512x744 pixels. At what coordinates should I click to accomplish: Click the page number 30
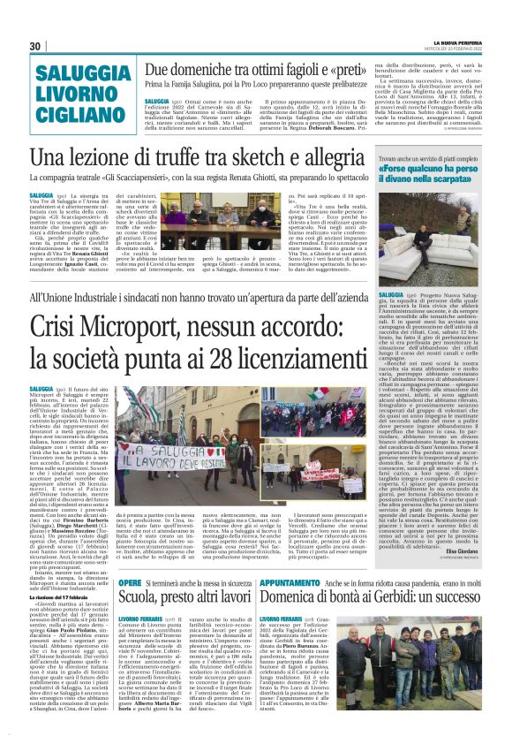tap(35, 46)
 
